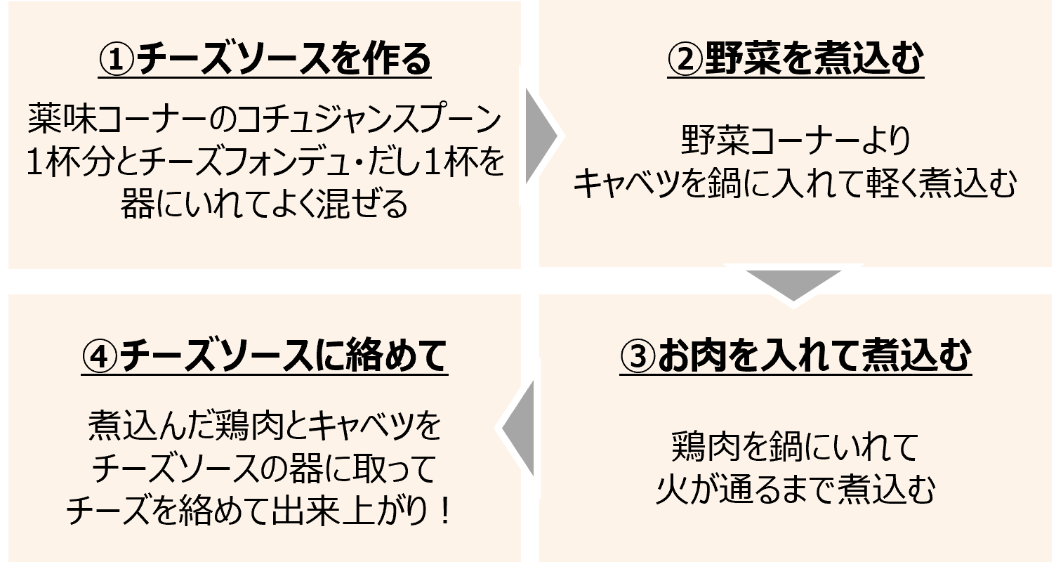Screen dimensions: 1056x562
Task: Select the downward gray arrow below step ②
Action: [793, 284]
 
